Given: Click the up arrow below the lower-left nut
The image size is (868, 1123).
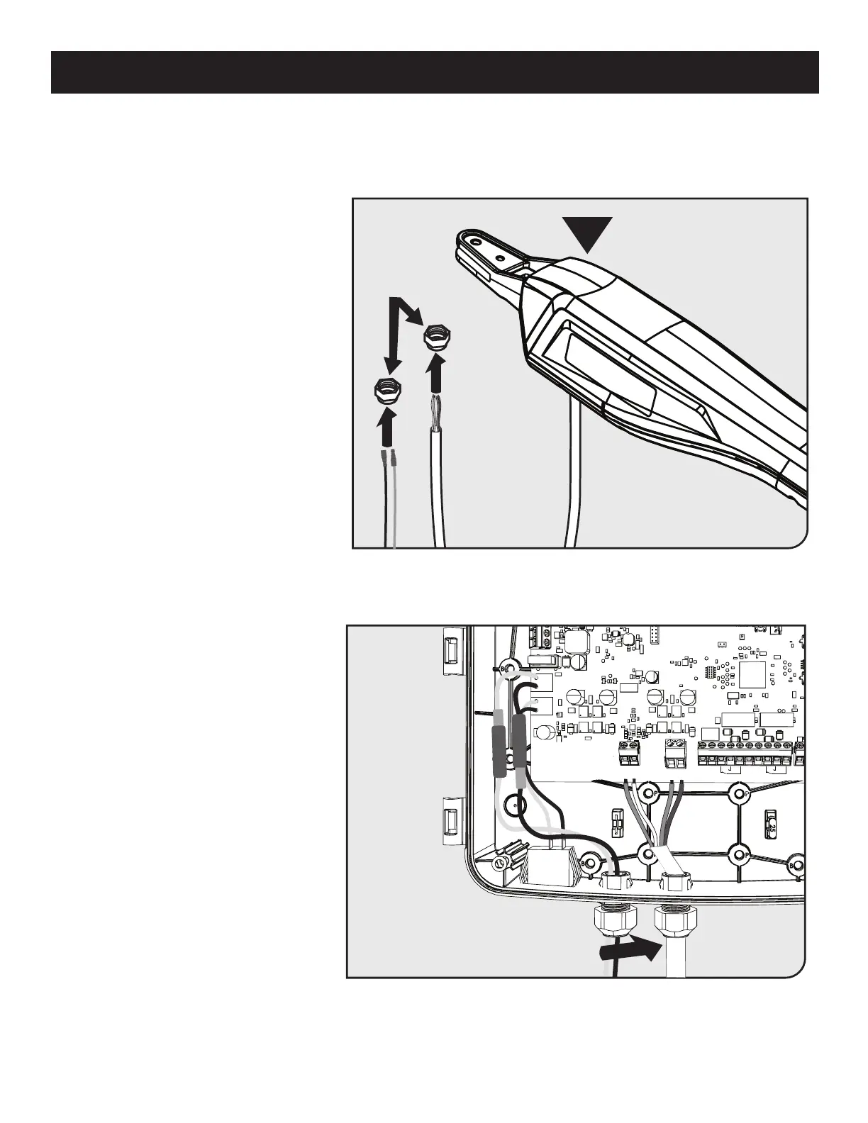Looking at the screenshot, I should pos(386,430).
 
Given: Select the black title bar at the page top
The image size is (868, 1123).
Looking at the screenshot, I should pos(434,72).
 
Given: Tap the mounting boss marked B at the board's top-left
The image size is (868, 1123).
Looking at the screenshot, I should pos(506,668).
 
